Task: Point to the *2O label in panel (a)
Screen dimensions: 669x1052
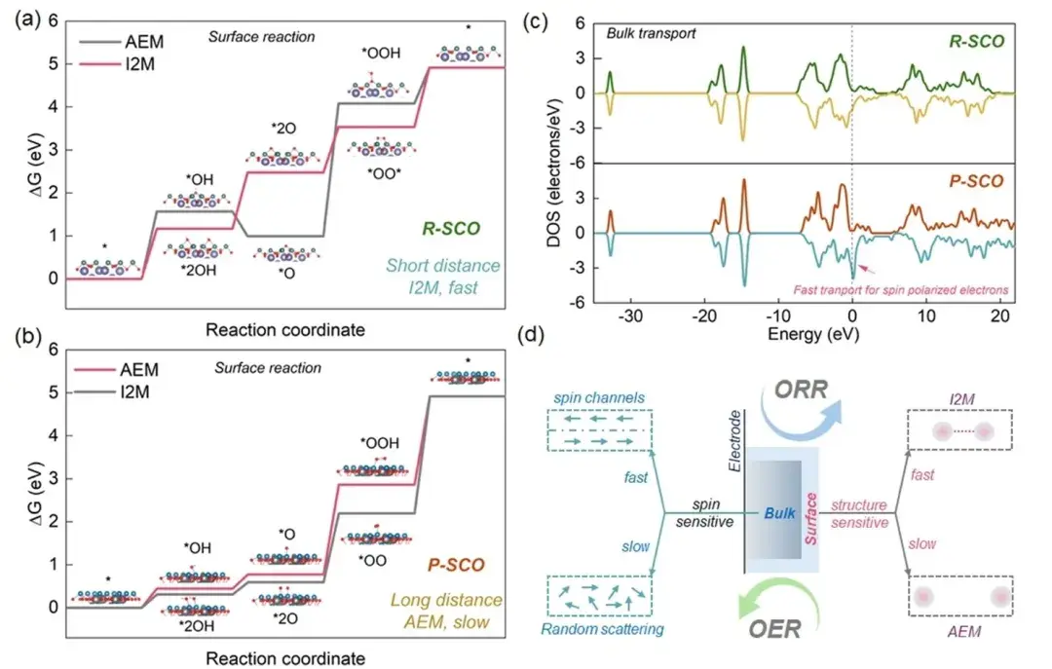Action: (x=283, y=129)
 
